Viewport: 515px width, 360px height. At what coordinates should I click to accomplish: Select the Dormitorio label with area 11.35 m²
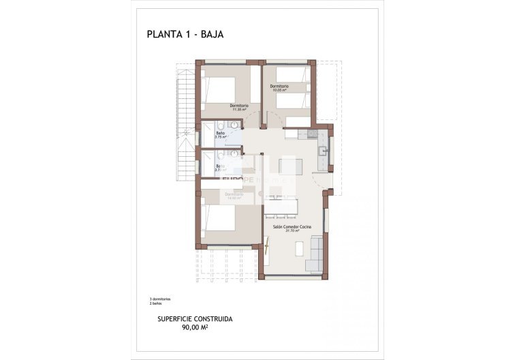click(238, 106)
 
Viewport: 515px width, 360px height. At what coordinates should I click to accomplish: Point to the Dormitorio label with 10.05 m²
click(279, 86)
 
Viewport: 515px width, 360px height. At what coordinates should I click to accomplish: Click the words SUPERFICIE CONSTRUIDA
click(195, 318)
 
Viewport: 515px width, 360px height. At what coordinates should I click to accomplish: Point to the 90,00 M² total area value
click(195, 327)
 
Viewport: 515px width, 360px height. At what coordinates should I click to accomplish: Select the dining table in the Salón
click(281, 205)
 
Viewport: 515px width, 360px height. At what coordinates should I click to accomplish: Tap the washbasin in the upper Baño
click(234, 125)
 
